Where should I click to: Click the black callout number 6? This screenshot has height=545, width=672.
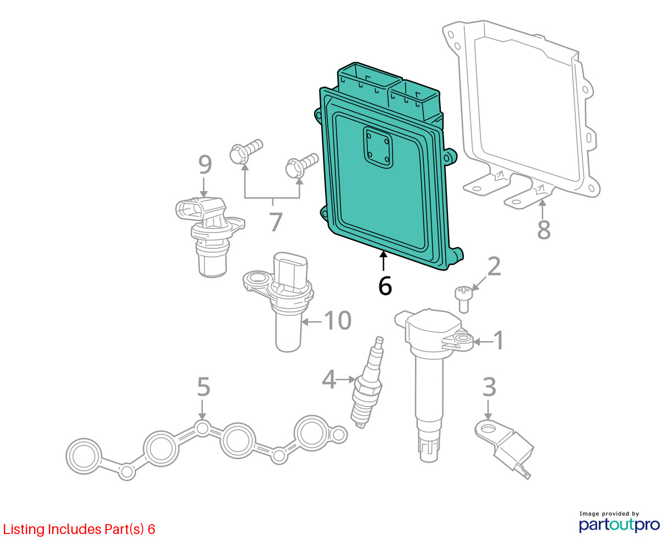point(385,286)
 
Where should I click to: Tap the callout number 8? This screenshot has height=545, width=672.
point(544,230)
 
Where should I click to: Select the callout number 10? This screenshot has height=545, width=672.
point(337,320)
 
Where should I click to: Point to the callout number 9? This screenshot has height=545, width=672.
point(205,164)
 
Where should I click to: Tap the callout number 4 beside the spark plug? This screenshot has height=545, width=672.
point(329,379)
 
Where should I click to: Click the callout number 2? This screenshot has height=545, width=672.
point(494,266)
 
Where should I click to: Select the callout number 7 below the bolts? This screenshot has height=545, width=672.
point(276,222)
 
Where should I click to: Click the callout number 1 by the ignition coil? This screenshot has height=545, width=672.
point(499,340)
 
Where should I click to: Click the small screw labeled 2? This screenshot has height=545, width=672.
point(463,299)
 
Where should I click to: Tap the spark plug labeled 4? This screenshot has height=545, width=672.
point(367,382)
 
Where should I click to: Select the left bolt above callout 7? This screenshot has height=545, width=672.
point(246,151)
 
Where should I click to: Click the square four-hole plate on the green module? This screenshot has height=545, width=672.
point(378,147)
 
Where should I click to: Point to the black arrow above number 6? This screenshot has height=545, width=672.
point(383,261)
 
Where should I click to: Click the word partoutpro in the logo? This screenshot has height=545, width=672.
point(619,525)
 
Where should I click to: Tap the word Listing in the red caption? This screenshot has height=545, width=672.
point(24,530)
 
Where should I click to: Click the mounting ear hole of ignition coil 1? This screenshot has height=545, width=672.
point(463,339)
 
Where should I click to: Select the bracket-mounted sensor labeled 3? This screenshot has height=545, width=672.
point(504,449)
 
